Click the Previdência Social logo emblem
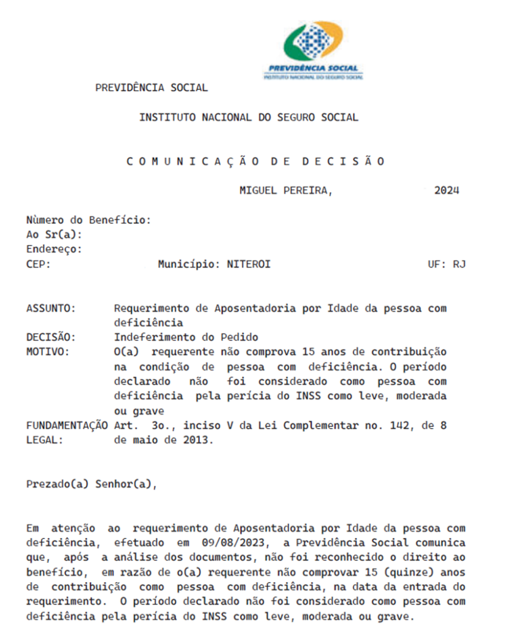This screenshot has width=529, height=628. tap(312, 42)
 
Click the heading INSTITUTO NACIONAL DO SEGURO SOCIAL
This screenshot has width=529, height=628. tap(249, 117)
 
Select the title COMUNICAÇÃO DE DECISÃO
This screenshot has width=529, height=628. tap(255, 161)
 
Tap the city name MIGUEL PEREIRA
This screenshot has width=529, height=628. tap(285, 190)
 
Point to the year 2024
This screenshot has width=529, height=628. tap(446, 190)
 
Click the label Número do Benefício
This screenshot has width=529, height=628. tap(88, 220)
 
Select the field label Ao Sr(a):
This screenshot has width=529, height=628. tap(54, 234)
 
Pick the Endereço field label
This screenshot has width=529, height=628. tap(54, 249)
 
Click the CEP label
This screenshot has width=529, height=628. tap(39, 264)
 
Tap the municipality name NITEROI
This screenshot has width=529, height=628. tap(249, 264)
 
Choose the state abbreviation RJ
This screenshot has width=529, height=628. tap(459, 264)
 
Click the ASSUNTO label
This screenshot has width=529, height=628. tap(51, 308)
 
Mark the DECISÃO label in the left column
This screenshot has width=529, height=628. tap(51, 337)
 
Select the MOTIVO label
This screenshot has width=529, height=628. tap(48, 352)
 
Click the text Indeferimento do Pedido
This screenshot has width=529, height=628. tap(186, 337)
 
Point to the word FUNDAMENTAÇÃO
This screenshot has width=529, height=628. tap(66, 426)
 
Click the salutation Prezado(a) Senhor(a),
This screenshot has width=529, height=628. tap(91, 484)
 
